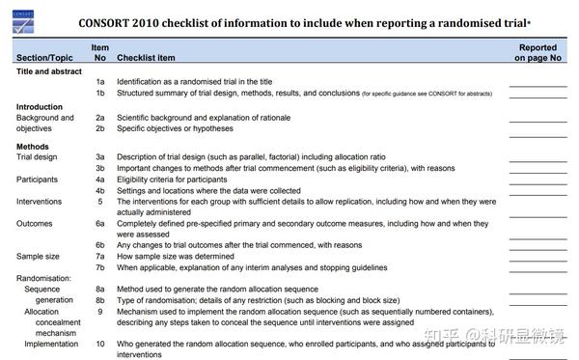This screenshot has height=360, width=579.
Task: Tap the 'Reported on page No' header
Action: pyautogui.click(x=538, y=52)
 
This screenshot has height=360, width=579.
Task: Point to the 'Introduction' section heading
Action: pyautogui.click(x=40, y=106)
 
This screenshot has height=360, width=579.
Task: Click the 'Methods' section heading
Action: pyautogui.click(x=33, y=147)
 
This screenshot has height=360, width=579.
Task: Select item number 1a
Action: pyautogui.click(x=99, y=83)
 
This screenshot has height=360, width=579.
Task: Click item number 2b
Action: pyautogui.click(x=99, y=128)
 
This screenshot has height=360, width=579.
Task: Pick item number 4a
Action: pyautogui.click(x=99, y=180)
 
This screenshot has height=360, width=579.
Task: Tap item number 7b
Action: pyautogui.click(x=99, y=267)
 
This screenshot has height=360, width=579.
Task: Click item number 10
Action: pyautogui.click(x=99, y=344)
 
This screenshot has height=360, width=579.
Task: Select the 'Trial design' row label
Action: pyautogui.click(x=38, y=156)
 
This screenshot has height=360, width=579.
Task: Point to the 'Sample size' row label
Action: pyautogui.click(x=39, y=257)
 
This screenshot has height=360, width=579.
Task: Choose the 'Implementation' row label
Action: pyautogui.click(x=50, y=344)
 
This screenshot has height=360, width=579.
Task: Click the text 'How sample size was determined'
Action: pyautogui.click(x=182, y=257)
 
